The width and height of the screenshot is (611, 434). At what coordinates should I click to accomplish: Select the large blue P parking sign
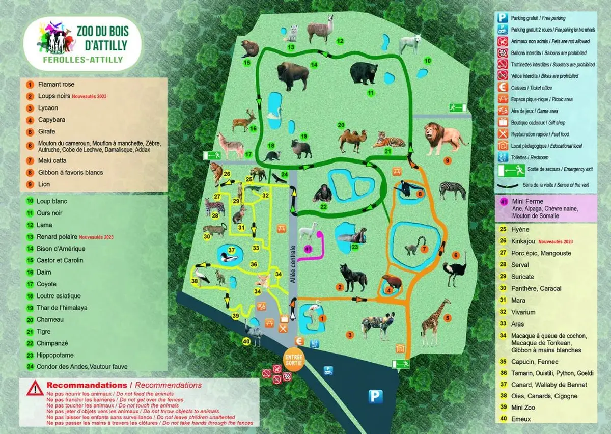tap(376, 396)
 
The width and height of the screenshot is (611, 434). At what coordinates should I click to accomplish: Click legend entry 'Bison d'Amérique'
tap(61, 249)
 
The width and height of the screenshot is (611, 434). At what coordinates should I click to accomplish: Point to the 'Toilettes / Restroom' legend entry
tap(532, 158)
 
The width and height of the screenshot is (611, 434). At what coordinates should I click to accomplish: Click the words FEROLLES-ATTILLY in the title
tap(82, 60)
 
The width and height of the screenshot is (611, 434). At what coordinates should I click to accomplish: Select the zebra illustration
tap(453, 190)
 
